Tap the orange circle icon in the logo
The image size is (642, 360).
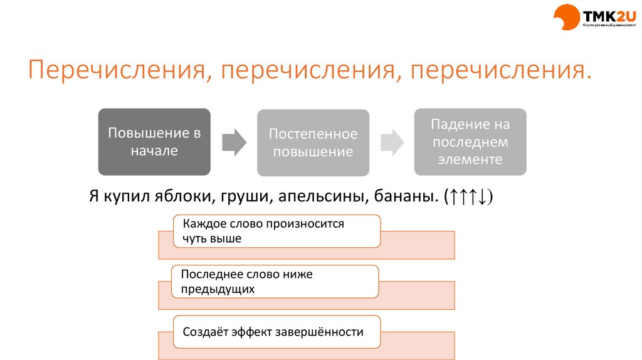point(567,17)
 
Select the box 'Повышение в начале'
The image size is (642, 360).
point(154,142)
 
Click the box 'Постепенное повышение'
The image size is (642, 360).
point(313,143)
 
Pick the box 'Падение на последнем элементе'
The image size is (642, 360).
point(470,142)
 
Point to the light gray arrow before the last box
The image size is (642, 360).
point(392,142)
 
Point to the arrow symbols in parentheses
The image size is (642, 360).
point(468,197)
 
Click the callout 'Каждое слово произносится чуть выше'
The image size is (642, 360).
point(276,231)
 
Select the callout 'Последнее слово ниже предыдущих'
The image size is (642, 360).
point(275,281)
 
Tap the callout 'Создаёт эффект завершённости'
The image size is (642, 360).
point(277,332)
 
